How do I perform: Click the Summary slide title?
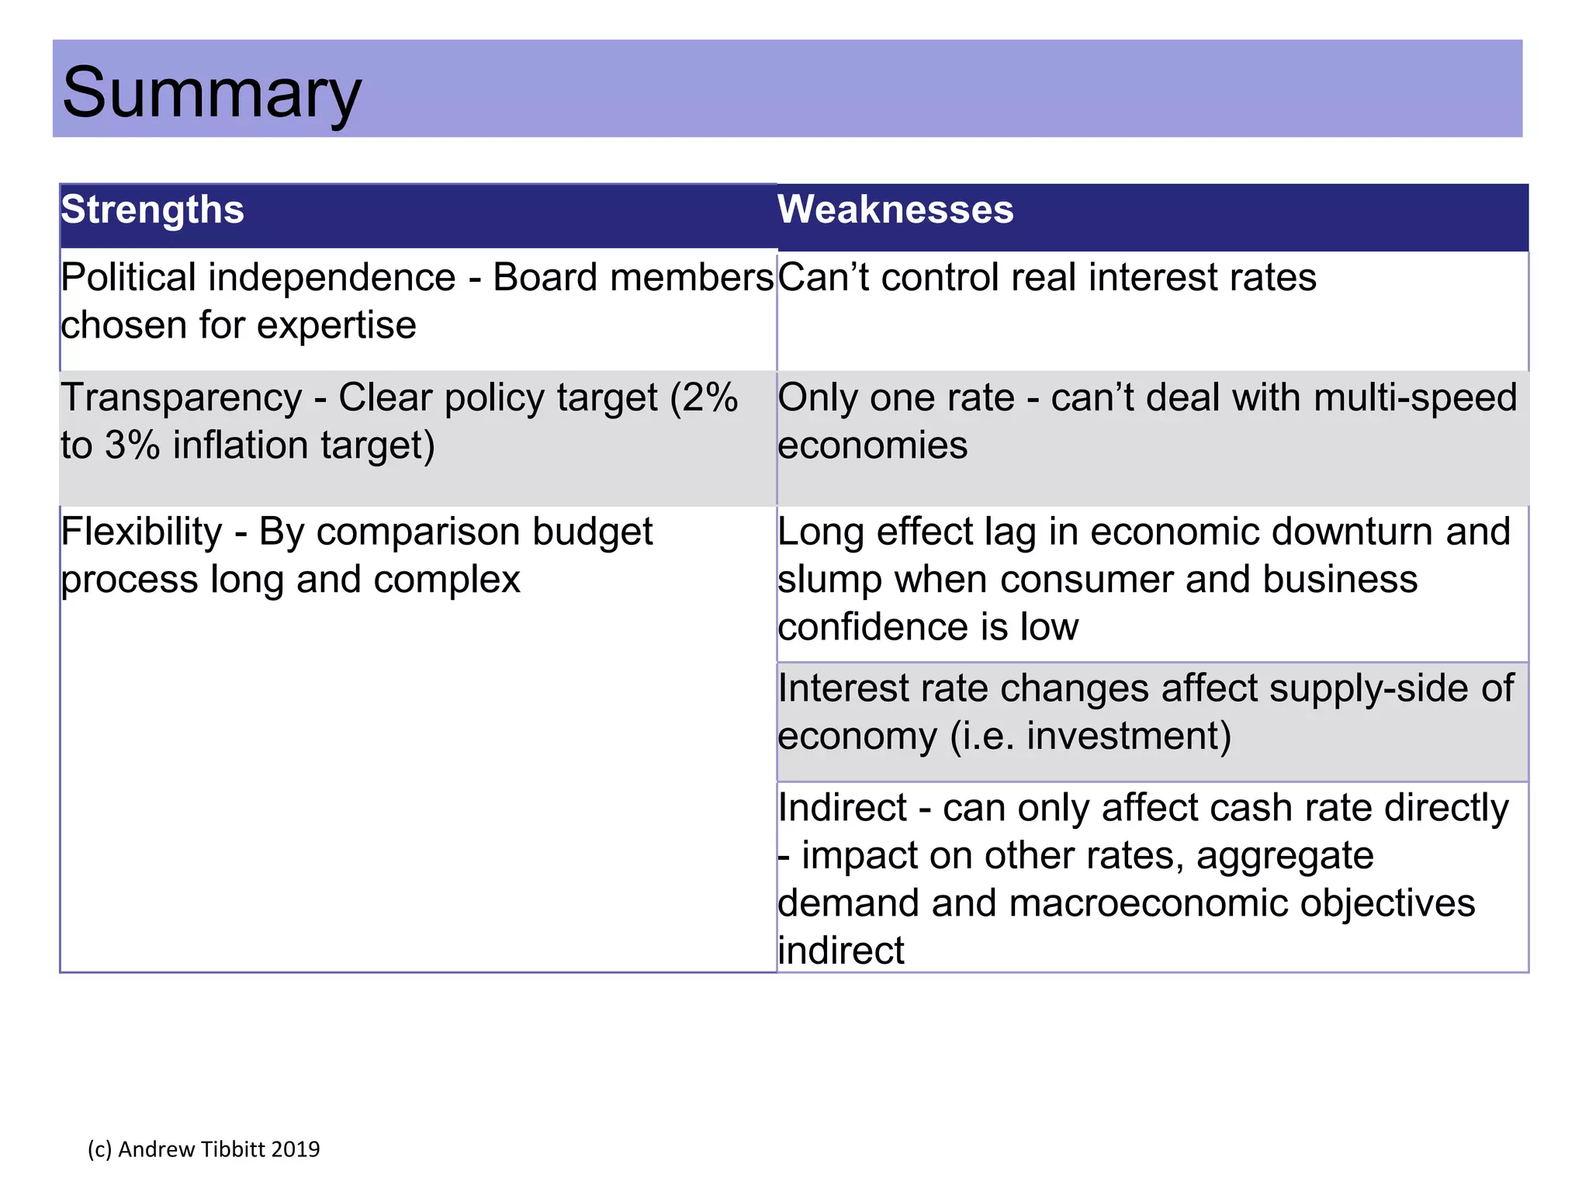211,93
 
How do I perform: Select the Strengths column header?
153,210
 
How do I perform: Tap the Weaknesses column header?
895,210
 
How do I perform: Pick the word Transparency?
181,398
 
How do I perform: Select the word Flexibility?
141,532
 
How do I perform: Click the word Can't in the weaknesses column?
824,278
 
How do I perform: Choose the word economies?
872,446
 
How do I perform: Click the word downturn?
1352,532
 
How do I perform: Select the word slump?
829,580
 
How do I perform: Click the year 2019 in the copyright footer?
296,1149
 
